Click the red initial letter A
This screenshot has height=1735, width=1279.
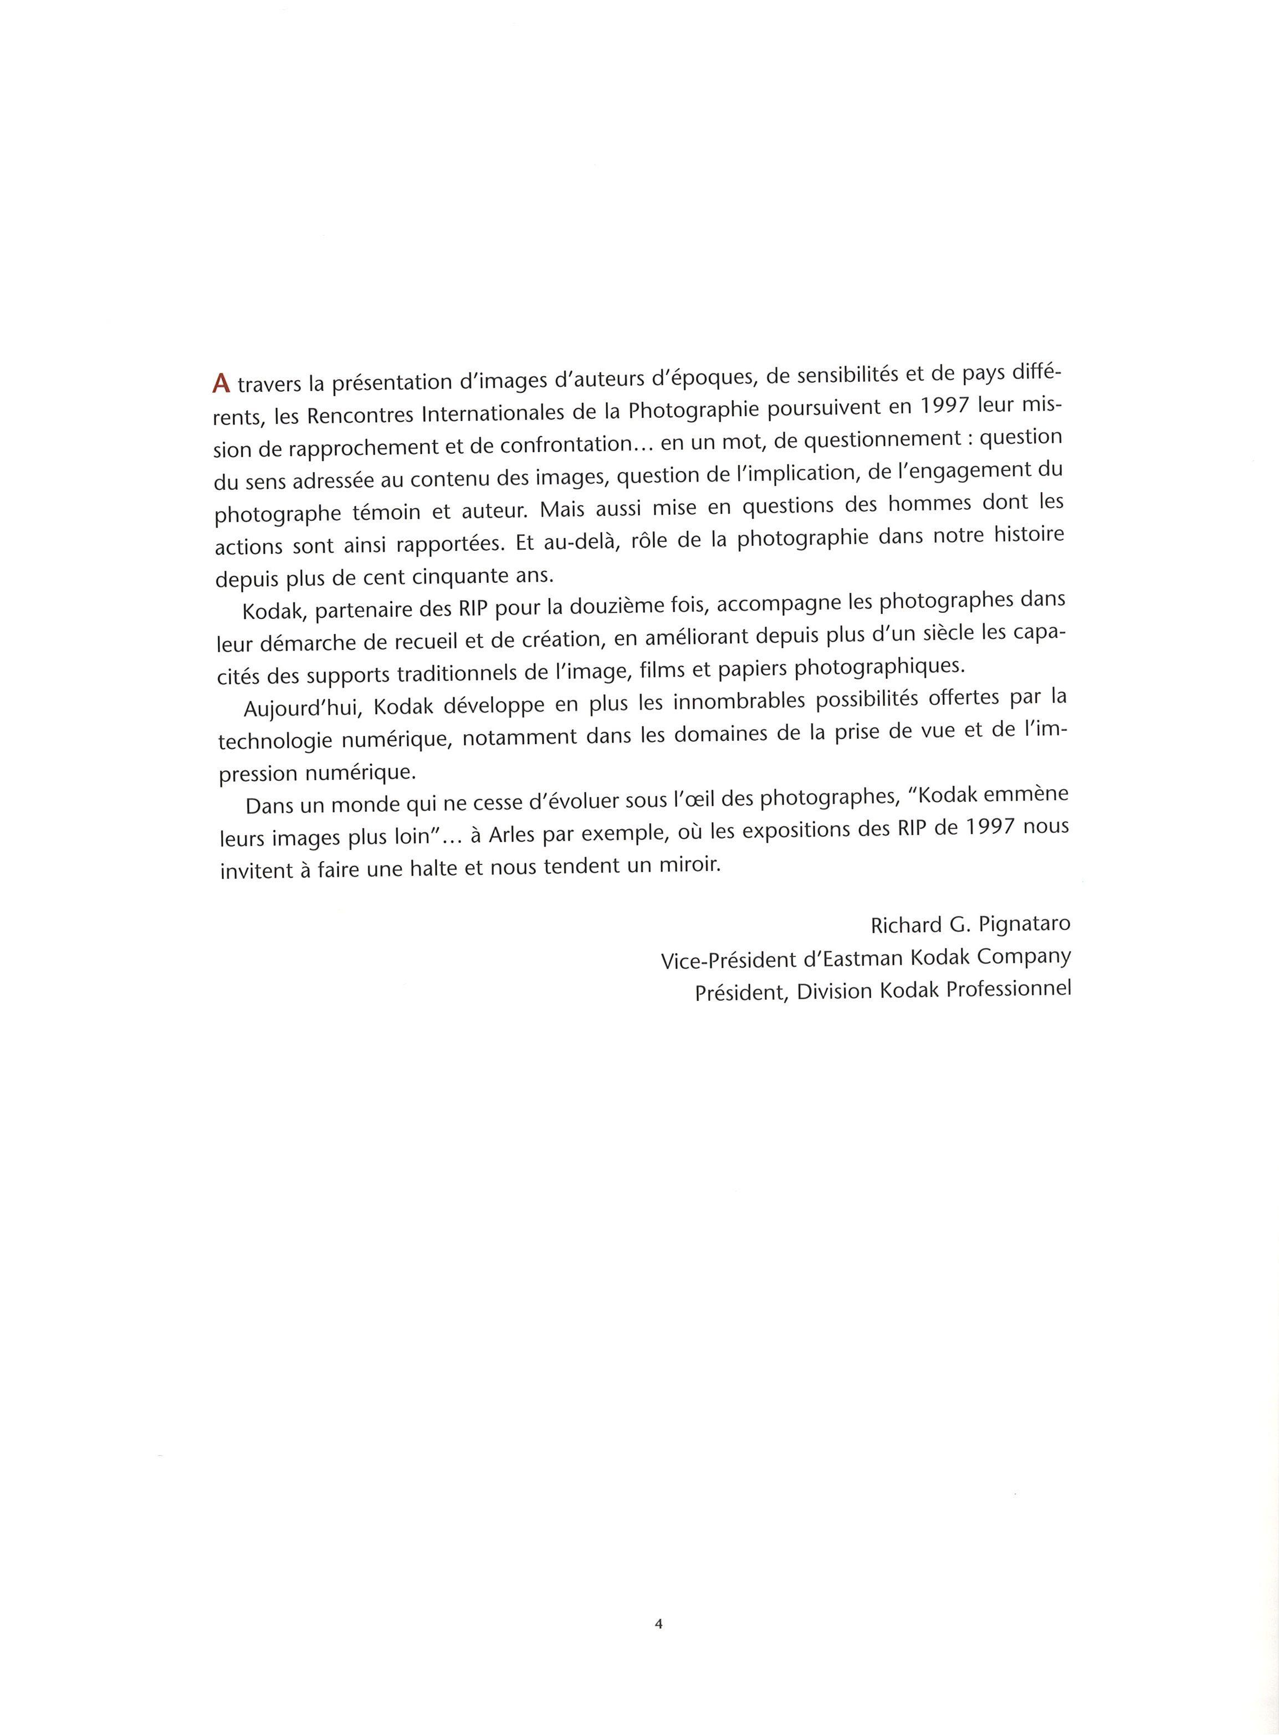(x=222, y=382)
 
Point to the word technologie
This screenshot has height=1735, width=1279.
(x=279, y=740)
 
